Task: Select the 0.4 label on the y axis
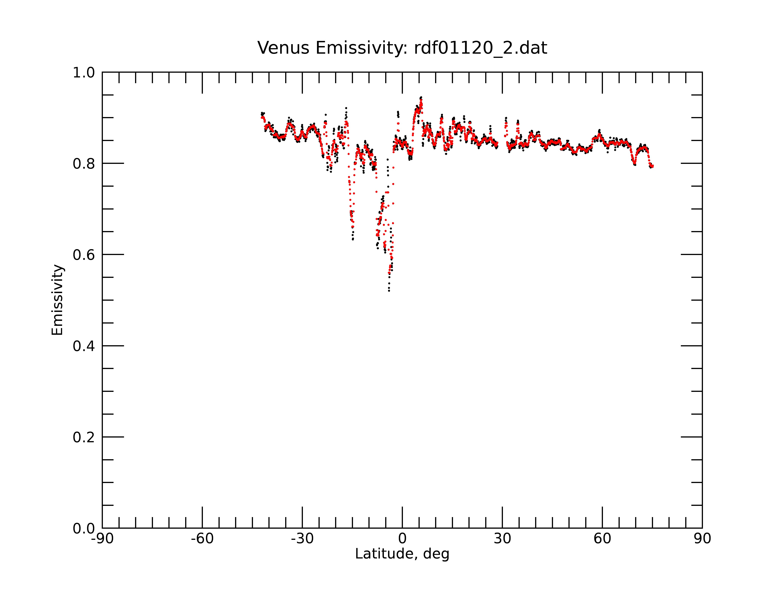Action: click(x=84, y=346)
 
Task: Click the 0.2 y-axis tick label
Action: click(x=84, y=437)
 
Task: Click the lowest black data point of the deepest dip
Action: click(x=389, y=291)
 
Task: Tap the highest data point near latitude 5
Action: click(x=421, y=97)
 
